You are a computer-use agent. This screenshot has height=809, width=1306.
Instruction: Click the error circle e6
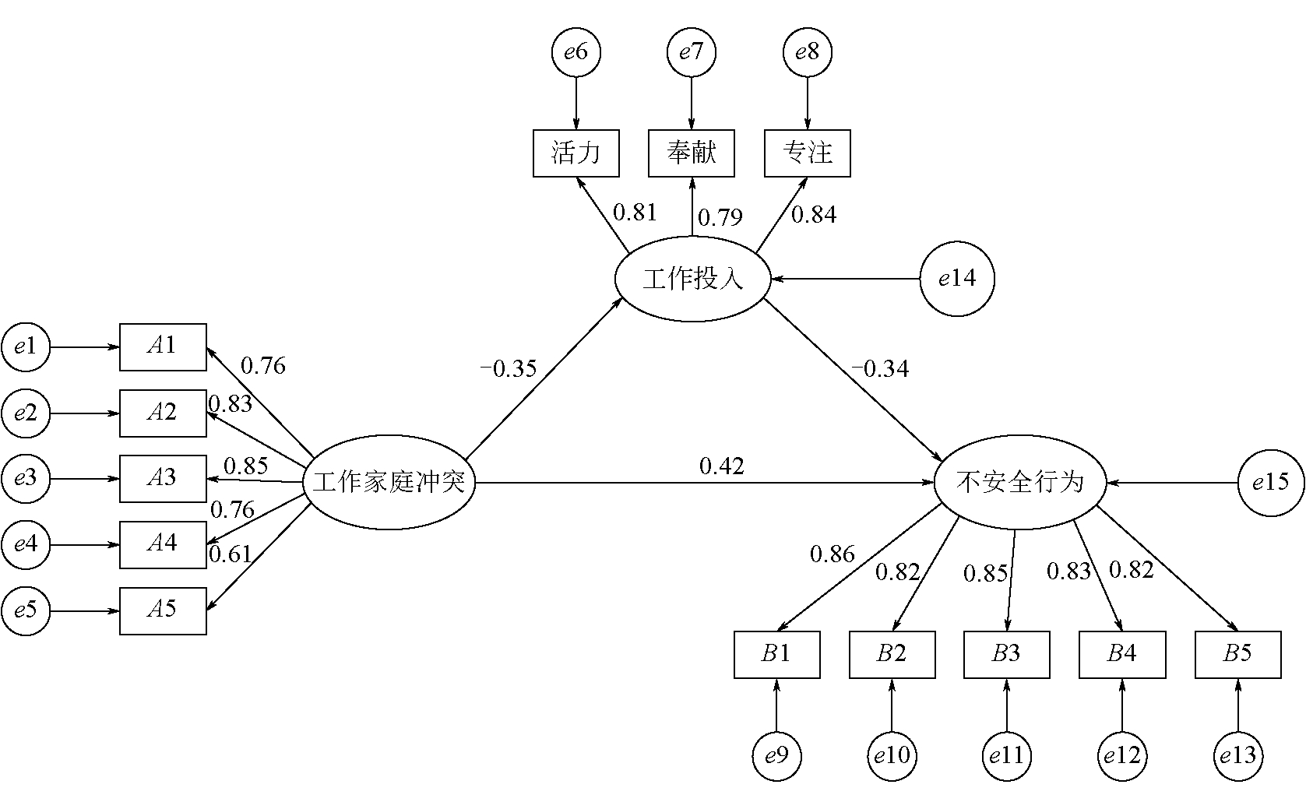[x=576, y=52]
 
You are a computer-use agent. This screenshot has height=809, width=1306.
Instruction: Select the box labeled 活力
[x=576, y=153]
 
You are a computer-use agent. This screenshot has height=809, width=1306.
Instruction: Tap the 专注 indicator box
[x=808, y=153]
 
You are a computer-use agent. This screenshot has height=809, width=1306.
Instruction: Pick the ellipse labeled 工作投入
[x=692, y=279]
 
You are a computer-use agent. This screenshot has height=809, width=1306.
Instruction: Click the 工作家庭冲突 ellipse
[x=389, y=483]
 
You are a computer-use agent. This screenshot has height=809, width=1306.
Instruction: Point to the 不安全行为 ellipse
[x=1019, y=483]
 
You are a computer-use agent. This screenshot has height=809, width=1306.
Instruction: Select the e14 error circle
[x=957, y=279]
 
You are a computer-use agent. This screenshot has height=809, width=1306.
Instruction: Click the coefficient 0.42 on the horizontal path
[x=722, y=466]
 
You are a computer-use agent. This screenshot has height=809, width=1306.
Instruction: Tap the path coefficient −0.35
[x=509, y=368]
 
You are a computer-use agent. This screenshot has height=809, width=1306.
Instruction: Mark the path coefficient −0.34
[x=880, y=368]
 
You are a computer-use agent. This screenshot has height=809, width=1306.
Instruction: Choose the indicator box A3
[x=163, y=478]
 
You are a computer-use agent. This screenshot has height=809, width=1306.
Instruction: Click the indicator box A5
[x=163, y=610]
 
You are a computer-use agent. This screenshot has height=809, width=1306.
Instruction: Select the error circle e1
[x=26, y=346]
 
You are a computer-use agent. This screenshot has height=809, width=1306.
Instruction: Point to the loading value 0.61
[x=231, y=554]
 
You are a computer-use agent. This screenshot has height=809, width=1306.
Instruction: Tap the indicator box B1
[x=776, y=655]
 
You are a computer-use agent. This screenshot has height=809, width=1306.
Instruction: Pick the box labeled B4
[x=1122, y=655]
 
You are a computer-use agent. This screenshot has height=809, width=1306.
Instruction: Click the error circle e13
[x=1237, y=754]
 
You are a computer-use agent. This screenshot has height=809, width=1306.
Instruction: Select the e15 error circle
[x=1271, y=483]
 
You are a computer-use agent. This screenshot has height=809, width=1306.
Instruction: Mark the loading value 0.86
[x=832, y=554]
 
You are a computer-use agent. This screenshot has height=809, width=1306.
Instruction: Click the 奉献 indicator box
[x=692, y=153]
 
